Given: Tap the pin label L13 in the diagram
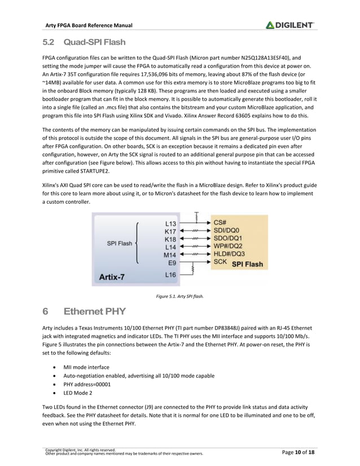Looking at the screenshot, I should (170, 223).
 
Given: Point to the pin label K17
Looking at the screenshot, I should (170, 231).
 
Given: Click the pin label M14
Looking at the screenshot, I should (170, 254).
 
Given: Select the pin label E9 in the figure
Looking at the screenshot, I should (172, 262).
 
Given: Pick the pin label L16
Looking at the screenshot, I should (170, 275).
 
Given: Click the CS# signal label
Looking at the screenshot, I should (221, 222).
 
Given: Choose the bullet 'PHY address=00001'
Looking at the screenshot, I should (87, 384).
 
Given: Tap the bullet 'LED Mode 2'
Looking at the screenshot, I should (78, 393).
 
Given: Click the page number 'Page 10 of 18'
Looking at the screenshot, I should (297, 451).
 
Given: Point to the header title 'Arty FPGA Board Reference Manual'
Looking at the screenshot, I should (89, 25).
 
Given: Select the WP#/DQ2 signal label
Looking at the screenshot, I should (229, 246).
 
